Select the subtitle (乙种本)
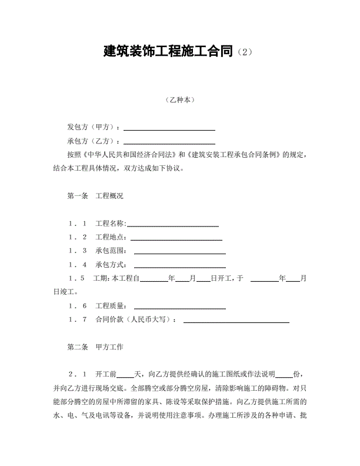(180, 100)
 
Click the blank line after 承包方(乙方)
(169, 141)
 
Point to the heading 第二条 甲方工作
(95, 347)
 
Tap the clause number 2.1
(77, 375)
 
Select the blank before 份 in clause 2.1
(284, 375)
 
